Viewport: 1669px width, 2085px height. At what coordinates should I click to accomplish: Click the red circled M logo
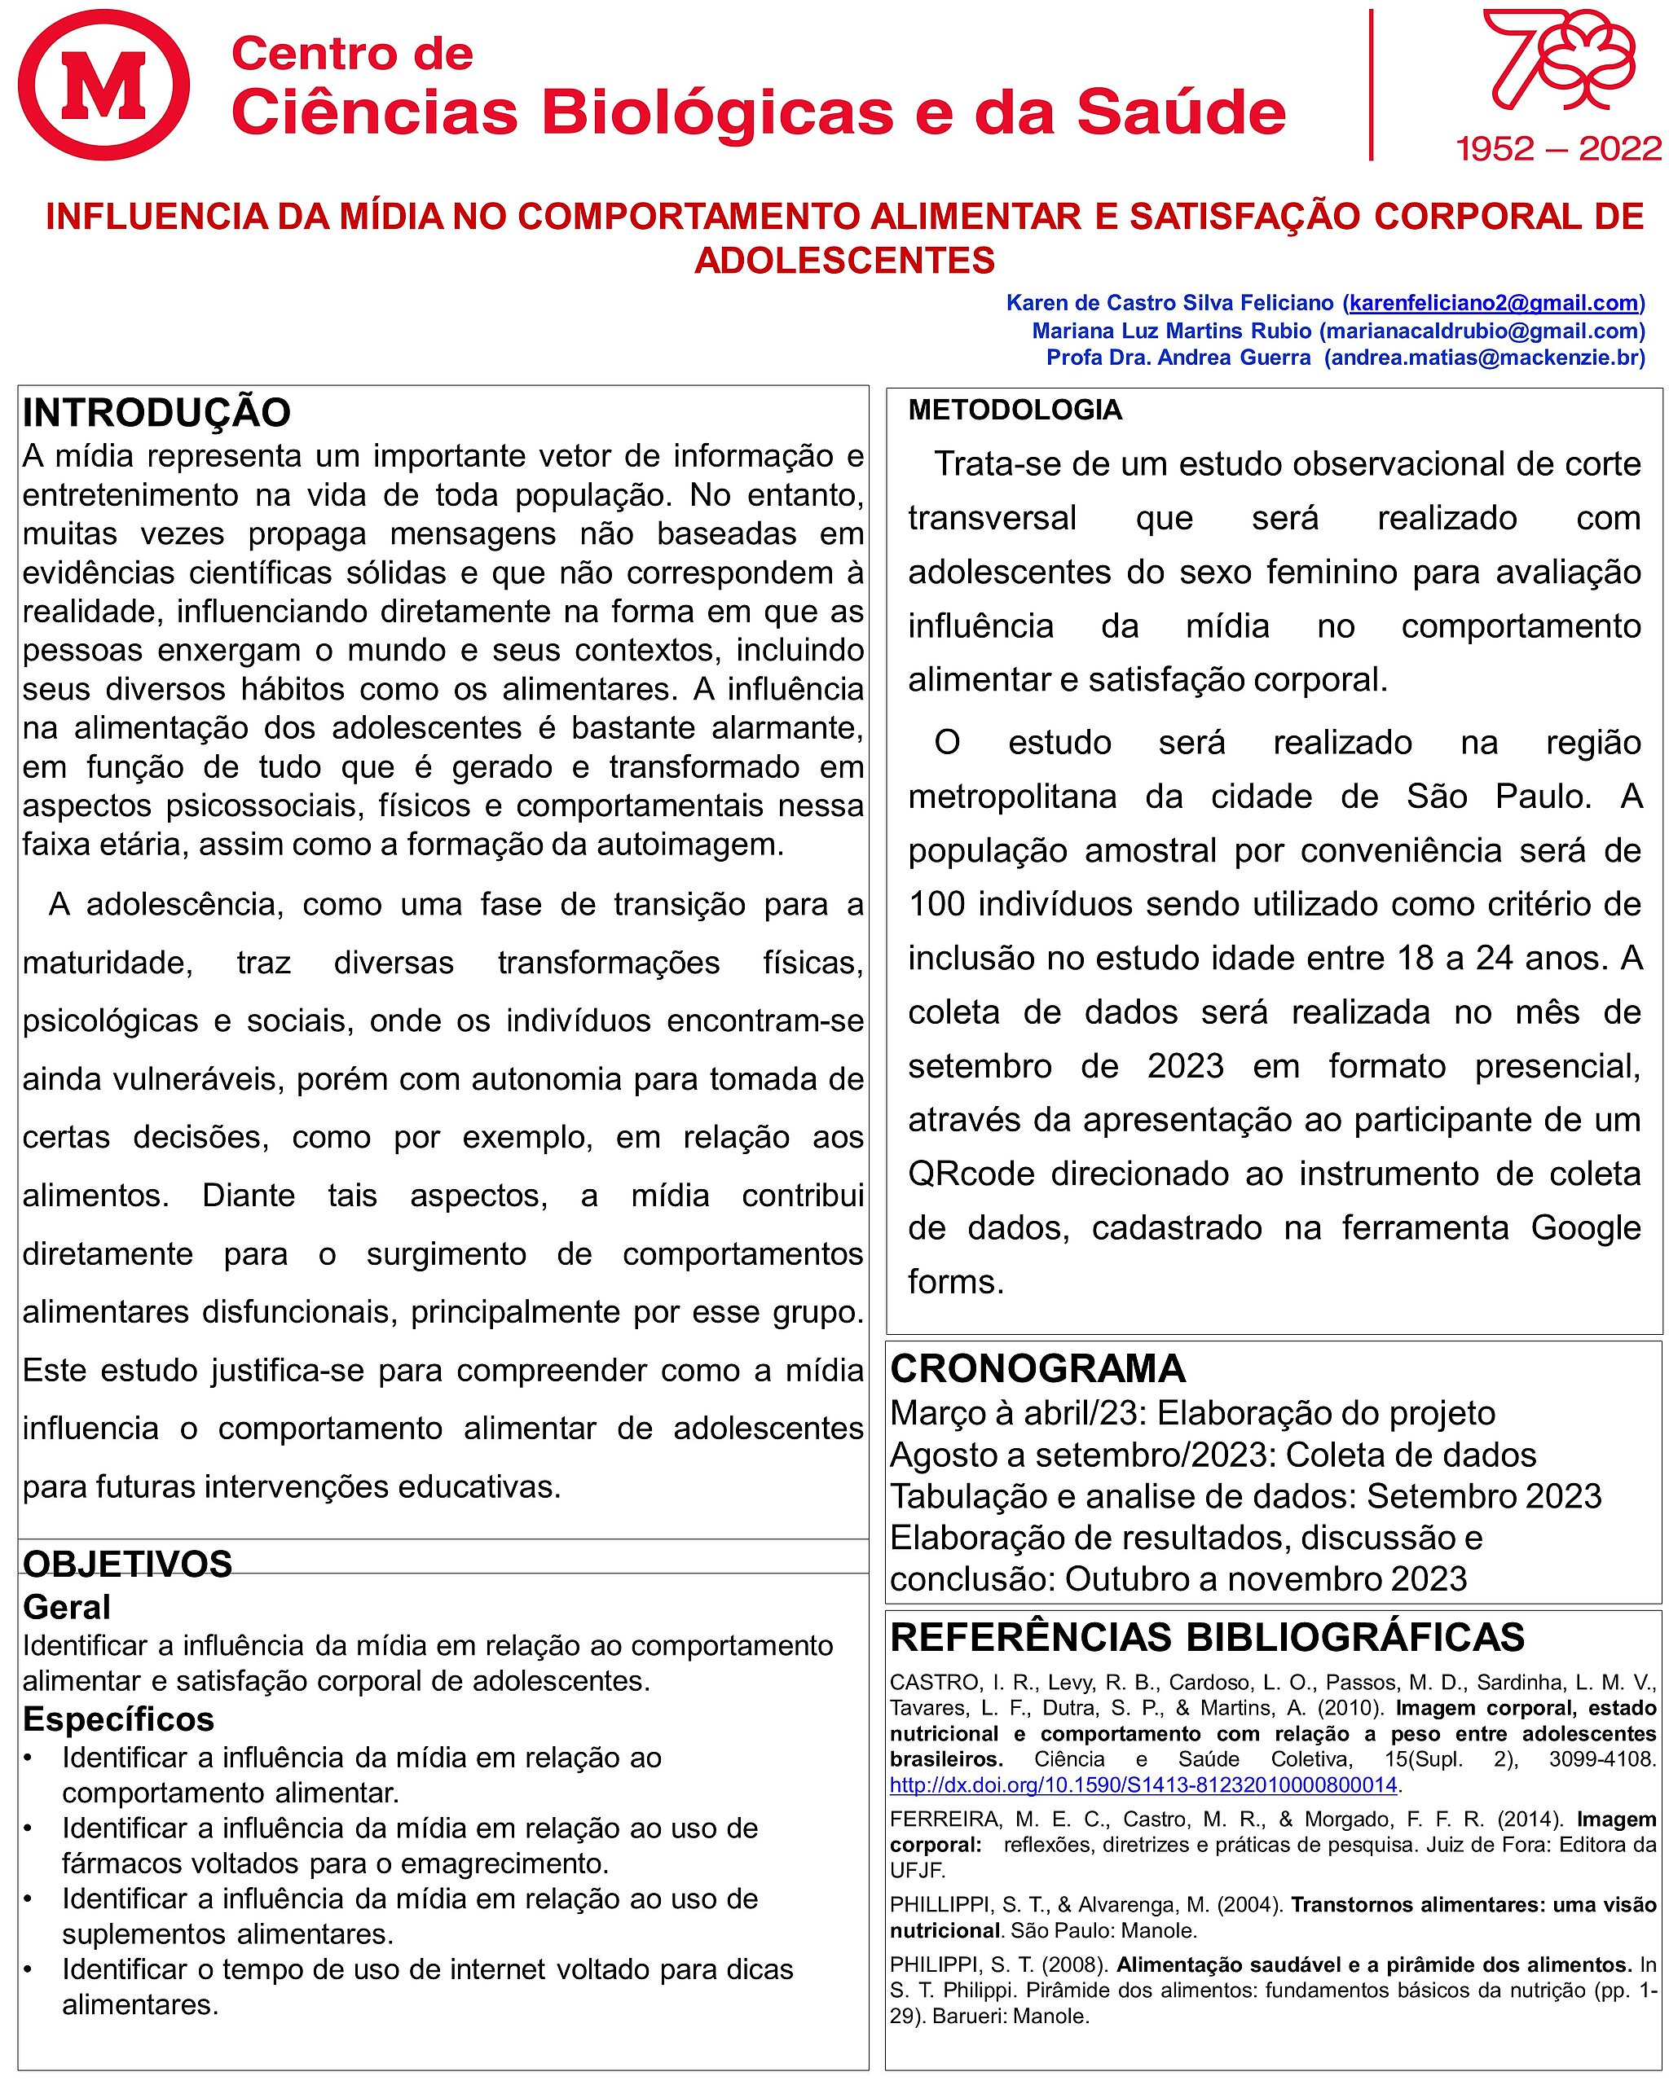click(x=103, y=85)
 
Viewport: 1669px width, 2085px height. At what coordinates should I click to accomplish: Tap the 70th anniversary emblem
click(x=1559, y=63)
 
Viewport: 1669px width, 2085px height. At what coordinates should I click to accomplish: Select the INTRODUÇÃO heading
click(x=156, y=413)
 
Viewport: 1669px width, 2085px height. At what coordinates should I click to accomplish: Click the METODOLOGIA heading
click(x=1015, y=410)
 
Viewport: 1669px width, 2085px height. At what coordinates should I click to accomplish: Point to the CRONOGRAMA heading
click(x=1037, y=1368)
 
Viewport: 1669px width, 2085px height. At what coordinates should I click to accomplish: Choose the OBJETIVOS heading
click(x=127, y=1564)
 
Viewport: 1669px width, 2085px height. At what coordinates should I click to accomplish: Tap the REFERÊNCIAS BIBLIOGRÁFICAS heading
click(x=1206, y=1636)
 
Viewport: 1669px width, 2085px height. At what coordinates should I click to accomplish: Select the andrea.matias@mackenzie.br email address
click(x=1484, y=358)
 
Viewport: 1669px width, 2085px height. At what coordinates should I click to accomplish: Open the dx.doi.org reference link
click(x=1143, y=1784)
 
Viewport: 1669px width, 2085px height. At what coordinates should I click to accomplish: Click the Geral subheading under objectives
click(x=67, y=1607)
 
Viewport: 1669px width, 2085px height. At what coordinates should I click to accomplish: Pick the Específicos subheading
click(x=118, y=1718)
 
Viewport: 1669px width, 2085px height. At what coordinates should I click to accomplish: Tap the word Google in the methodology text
click(x=1586, y=1228)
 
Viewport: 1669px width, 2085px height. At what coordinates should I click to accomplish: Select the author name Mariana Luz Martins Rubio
click(x=1171, y=331)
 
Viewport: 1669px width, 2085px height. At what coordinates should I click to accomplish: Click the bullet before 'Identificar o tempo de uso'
click(x=29, y=1970)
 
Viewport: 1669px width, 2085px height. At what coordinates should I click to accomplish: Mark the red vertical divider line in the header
click(x=1371, y=85)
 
